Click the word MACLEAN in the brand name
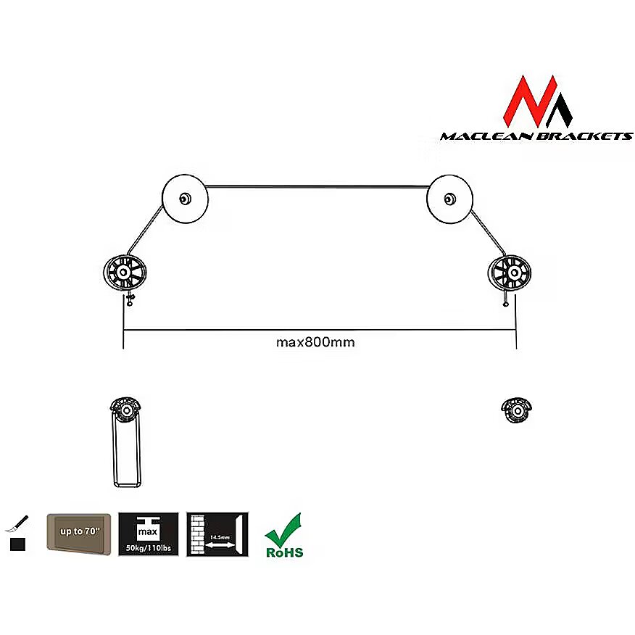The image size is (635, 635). (486, 136)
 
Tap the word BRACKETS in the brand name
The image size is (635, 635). (584, 136)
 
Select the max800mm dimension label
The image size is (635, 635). (315, 342)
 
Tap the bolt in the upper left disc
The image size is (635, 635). (185, 199)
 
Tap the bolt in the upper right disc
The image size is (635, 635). (449, 199)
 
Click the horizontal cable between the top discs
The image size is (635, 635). (317, 187)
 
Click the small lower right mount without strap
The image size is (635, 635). (516, 410)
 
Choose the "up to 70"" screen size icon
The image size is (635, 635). (79, 534)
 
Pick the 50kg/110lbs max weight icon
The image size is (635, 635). (148, 534)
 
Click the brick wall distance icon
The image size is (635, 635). (217, 534)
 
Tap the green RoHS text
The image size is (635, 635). (285, 552)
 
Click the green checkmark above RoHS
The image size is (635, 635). (283, 530)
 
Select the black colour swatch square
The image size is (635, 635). (18, 544)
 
